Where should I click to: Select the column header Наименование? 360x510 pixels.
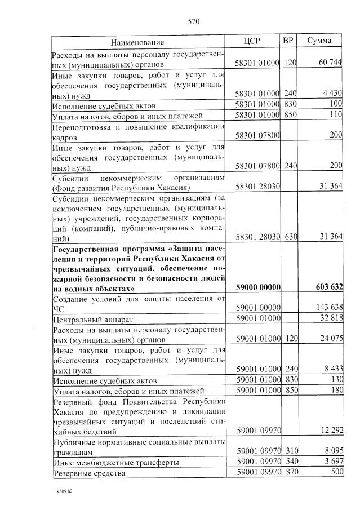point(137,42)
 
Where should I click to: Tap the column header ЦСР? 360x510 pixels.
point(252,41)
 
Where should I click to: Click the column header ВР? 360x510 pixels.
point(288,41)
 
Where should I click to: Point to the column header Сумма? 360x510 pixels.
point(319,41)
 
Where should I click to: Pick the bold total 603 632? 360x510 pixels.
point(327,287)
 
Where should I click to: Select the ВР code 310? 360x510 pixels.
point(290,451)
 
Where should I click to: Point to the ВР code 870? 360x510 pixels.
point(290,473)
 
